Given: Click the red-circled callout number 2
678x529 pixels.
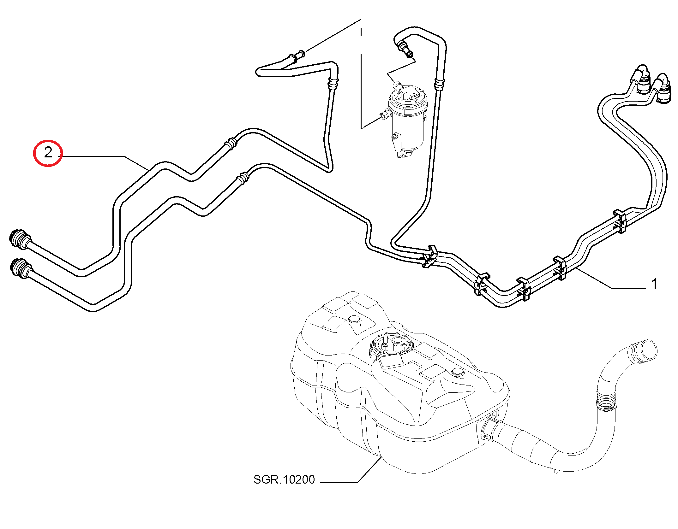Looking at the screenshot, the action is point(48,153).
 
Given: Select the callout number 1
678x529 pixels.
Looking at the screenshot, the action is point(654,284).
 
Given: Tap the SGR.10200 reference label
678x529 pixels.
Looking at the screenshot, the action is point(284,480).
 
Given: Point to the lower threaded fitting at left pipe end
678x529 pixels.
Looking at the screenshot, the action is point(21,268).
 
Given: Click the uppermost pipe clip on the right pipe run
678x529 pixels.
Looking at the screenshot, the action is point(620,221).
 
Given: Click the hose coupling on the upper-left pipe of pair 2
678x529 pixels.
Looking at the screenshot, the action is point(231,144).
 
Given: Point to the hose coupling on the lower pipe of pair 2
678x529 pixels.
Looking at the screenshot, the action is point(243,179).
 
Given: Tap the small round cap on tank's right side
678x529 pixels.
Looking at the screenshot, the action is point(458,372).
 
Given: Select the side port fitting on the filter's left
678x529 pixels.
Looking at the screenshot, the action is point(385,114).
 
